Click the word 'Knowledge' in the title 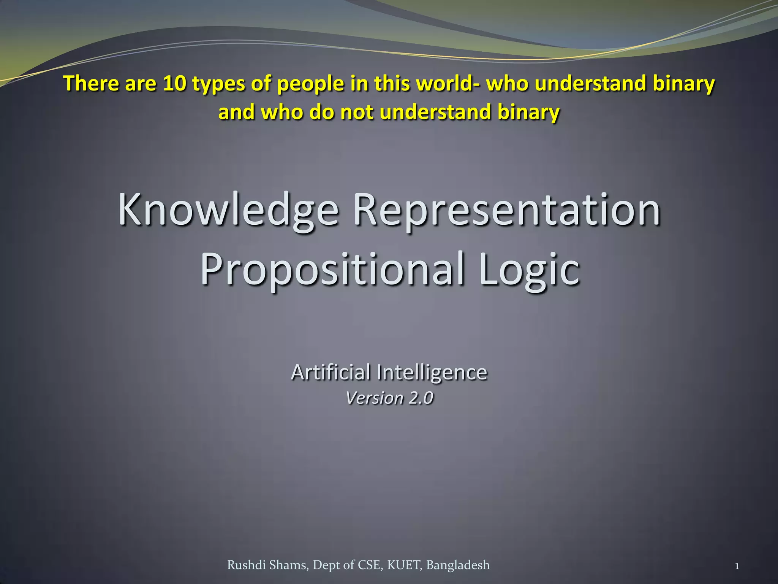tap(228, 210)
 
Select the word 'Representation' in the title tap(507, 210)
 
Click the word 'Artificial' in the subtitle tap(330, 372)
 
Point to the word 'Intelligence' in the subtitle tap(432, 372)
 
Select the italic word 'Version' tap(375, 398)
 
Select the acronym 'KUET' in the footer tap(404, 565)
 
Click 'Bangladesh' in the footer tap(458, 565)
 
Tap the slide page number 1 tap(737, 566)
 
